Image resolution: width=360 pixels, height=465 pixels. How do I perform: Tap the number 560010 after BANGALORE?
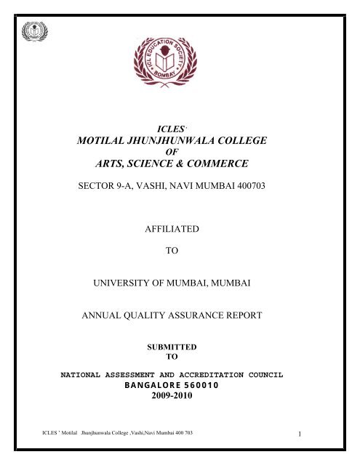point(209,385)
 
